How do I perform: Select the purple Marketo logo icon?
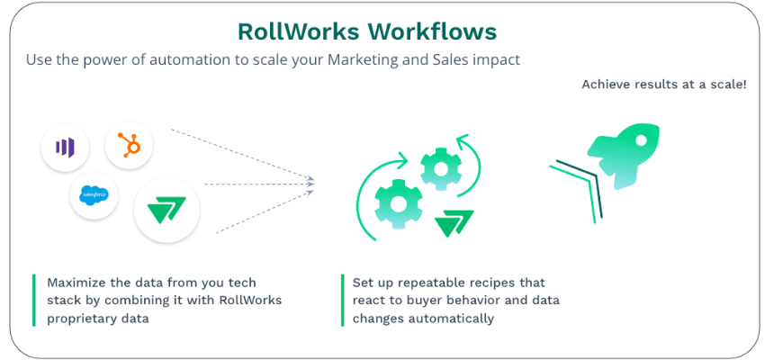pos(65,147)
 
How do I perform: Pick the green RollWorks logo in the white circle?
pos(166,211)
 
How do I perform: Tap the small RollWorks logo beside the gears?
pos(454,223)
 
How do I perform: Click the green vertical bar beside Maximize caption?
pos(34,300)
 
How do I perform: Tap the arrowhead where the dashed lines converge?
pos(310,184)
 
